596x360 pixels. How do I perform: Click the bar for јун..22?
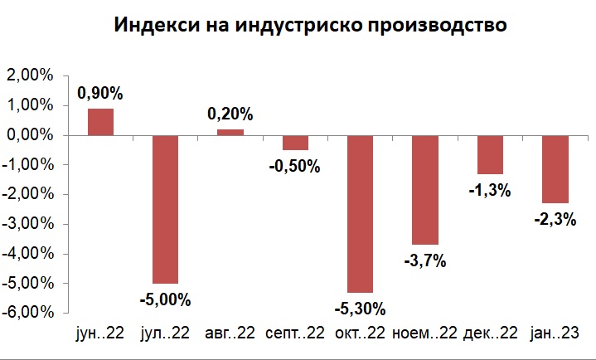100,121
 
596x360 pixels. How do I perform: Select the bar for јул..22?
165,209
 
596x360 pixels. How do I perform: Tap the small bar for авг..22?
230,132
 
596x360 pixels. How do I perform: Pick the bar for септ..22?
295,143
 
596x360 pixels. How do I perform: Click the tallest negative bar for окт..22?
360,214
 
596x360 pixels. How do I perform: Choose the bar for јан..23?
555,169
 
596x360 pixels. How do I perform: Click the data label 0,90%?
100,94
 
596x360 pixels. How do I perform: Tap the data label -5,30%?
361,309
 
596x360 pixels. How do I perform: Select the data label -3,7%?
426,261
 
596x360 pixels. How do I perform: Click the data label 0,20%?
230,114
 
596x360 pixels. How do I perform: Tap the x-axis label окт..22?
360,333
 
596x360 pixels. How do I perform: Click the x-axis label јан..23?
555,333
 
